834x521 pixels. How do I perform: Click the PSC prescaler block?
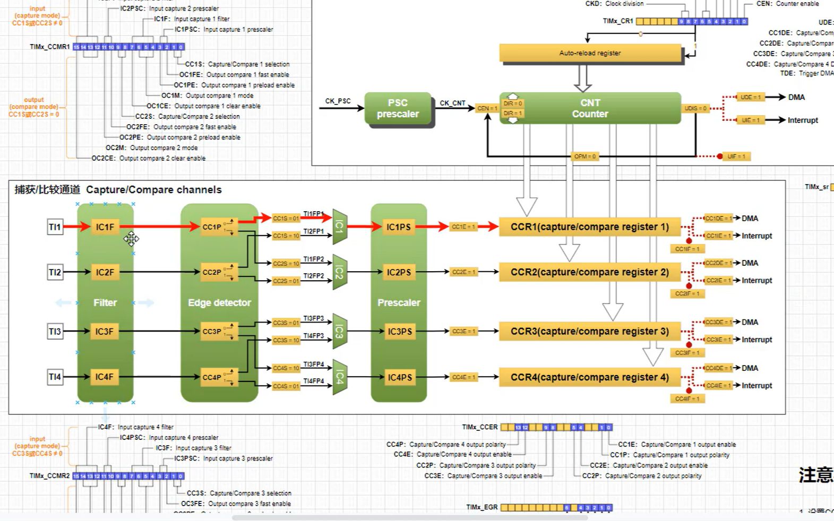[398, 108]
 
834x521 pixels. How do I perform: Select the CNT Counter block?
[590, 108]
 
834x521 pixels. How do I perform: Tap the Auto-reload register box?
[590, 53]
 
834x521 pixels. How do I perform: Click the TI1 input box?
[55, 227]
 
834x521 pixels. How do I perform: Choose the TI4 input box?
[55, 377]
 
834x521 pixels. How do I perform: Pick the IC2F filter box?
[105, 272]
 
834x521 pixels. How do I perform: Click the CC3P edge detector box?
[212, 331]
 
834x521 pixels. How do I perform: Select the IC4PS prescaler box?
[399, 377]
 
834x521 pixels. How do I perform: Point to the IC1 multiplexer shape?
[340, 227]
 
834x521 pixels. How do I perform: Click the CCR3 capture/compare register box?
[589, 331]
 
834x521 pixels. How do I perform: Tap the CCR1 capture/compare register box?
[589, 227]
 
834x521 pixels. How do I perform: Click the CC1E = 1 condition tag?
[463, 227]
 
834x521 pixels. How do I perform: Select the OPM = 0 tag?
[584, 157]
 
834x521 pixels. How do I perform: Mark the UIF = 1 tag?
[736, 157]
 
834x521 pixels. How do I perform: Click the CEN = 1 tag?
[487, 108]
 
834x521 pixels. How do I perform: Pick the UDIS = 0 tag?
[695, 108]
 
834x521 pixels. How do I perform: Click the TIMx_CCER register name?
[480, 427]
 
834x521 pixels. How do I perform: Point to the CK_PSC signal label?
[338, 101]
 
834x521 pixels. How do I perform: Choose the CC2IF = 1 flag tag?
[687, 293]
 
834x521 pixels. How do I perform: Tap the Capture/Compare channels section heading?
[118, 190]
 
